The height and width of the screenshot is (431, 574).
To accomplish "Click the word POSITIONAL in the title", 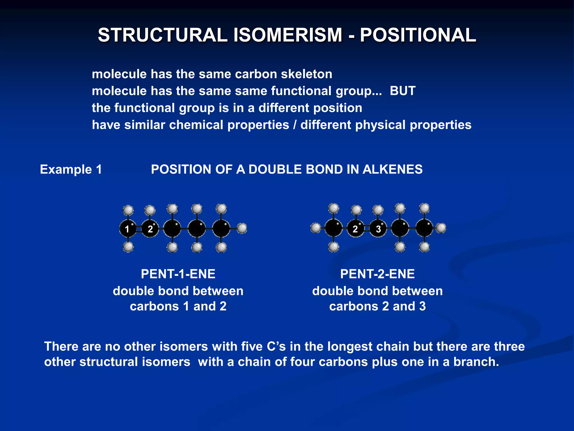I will [418, 35].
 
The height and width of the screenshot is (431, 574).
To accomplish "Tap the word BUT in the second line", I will [402, 91].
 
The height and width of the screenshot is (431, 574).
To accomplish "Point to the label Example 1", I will [71, 169].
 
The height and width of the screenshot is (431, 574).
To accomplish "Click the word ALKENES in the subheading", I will [392, 169].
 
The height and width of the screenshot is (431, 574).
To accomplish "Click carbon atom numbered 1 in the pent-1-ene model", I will [128, 229].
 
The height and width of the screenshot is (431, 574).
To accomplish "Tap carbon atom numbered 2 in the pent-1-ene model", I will [150, 229].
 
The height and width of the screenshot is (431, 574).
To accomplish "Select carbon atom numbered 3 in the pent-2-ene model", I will [378, 229].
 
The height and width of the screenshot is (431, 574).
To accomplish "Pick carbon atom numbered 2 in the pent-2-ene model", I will [355, 229].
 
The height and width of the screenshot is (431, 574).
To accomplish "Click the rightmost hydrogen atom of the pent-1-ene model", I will [242, 228].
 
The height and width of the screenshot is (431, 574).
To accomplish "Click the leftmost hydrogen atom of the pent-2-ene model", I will [316, 228].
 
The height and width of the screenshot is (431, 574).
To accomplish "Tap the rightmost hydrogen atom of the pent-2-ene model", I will [441, 228].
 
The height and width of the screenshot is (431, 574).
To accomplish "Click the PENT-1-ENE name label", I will [178, 274].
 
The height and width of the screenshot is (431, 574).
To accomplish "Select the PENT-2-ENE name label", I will [377, 274].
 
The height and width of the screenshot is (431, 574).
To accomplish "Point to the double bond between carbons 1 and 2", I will [139, 229].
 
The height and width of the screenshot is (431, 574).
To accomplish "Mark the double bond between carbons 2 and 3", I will [367, 229].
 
